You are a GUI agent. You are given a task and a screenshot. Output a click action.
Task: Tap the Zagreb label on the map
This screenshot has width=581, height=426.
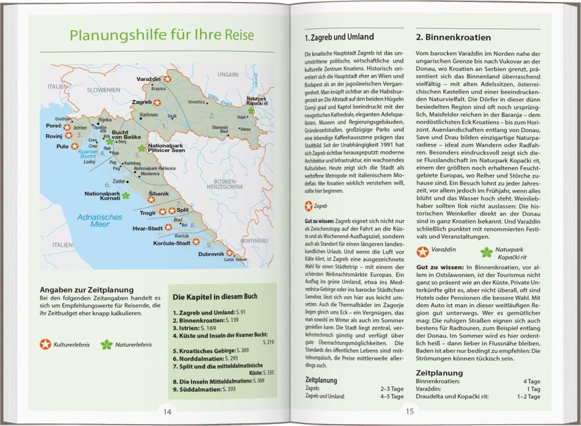click(141, 103)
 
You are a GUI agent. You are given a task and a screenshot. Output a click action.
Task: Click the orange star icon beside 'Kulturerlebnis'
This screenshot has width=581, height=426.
click(45, 343)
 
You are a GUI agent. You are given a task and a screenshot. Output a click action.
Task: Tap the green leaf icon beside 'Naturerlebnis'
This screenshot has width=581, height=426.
click(106, 343)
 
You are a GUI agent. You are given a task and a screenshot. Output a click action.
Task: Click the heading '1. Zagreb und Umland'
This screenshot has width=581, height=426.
click(339, 37)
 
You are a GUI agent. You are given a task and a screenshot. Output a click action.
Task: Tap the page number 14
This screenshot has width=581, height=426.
click(168, 412)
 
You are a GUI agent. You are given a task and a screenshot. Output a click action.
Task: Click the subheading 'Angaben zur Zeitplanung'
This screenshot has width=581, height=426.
click(87, 290)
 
